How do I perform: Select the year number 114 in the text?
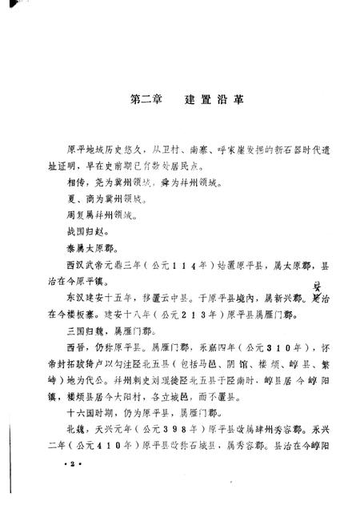[164, 263]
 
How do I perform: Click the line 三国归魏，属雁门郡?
[110, 335]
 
